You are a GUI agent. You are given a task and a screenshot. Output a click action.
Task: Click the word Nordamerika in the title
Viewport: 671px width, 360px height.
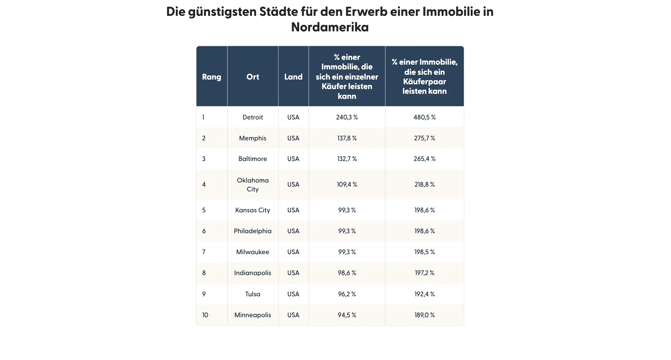330,27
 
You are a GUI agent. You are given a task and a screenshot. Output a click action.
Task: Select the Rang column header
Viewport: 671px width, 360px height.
212,77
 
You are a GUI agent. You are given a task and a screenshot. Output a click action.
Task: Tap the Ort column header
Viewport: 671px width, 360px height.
252,77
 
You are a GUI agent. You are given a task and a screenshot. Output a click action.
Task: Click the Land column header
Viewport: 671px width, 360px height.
293,77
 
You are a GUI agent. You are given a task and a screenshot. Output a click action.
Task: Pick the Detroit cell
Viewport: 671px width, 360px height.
252,117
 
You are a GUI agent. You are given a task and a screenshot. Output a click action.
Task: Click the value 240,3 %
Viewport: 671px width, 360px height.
347,117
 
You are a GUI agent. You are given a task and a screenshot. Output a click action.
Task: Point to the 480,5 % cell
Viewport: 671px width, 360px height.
425,117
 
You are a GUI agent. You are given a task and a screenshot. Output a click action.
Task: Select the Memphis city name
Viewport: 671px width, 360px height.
252,138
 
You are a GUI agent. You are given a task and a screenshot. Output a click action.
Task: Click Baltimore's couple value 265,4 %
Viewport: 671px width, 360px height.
425,159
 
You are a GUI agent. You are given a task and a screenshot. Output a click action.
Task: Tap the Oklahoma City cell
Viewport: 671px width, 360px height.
252,184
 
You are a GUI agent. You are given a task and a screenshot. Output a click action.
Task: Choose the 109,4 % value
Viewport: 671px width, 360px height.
347,184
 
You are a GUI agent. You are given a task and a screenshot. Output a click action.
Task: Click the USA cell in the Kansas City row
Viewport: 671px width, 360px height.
293,210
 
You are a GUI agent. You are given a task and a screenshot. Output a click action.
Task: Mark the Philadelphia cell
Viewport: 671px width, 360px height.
252,231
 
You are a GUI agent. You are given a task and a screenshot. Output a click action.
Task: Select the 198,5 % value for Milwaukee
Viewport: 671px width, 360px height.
425,252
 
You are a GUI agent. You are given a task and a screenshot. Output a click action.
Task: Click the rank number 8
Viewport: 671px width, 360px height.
204,273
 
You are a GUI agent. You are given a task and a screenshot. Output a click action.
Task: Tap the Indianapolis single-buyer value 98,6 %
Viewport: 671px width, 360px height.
347,273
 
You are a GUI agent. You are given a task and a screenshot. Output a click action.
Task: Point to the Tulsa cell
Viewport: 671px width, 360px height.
252,294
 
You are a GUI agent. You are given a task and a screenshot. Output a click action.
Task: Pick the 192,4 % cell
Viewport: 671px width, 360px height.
425,294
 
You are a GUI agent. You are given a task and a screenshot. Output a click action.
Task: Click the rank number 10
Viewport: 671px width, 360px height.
205,315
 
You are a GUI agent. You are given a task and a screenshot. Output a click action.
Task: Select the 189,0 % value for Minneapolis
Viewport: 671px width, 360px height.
425,315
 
